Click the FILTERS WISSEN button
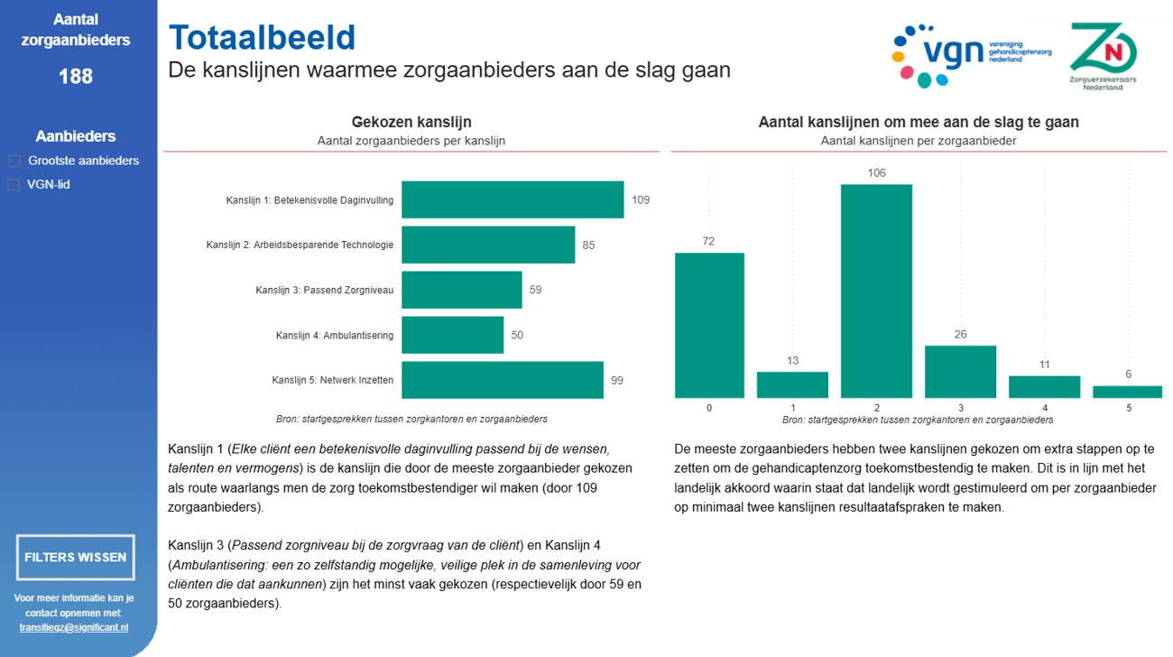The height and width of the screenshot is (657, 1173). point(76,557)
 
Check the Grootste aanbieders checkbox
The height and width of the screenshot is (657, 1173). point(14,162)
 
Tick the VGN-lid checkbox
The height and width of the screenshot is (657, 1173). point(14,185)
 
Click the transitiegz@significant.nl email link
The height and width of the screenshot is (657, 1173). point(74,627)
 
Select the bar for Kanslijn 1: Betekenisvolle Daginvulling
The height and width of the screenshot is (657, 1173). point(513,199)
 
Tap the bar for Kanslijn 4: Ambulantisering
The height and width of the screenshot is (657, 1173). point(452,335)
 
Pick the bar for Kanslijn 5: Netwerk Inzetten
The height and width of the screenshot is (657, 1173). point(502,380)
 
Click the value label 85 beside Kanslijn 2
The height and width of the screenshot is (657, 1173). point(588,245)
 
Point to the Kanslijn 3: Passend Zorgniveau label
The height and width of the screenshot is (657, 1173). point(324,291)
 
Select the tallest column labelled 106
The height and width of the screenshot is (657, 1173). point(876,291)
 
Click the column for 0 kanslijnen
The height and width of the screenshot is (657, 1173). point(709,325)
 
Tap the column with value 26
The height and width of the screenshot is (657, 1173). point(960,371)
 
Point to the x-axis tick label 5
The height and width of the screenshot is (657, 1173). point(1128,408)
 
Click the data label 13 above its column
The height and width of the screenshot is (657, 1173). point(792,361)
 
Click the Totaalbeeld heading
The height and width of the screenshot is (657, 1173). point(262,38)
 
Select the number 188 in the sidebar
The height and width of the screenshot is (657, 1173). point(76,77)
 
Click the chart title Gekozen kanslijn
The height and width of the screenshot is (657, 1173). point(411,122)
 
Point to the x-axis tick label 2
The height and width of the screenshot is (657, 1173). point(876,408)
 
